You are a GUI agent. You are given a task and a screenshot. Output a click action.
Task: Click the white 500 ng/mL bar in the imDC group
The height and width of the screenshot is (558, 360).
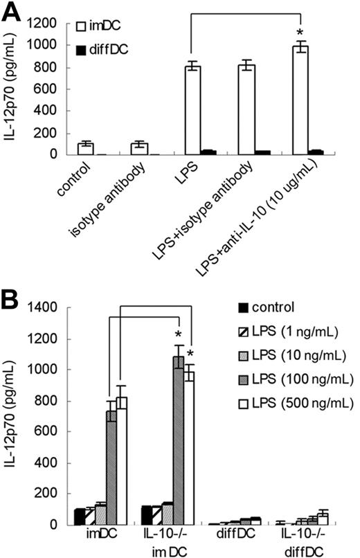tap(120, 460)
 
